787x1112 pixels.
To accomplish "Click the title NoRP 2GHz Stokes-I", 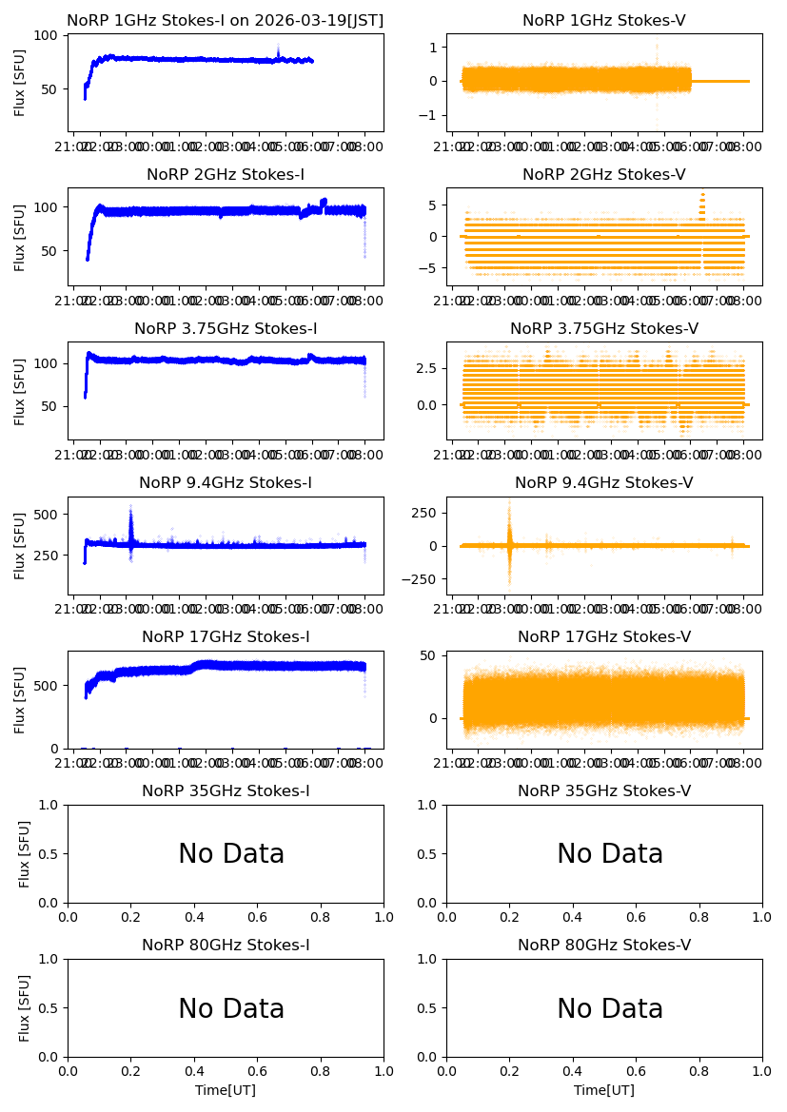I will point(226,175).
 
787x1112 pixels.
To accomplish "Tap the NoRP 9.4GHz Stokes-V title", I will point(604,483).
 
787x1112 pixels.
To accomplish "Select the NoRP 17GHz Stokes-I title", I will point(226,637).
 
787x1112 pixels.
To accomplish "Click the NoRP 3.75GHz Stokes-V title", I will point(604,329).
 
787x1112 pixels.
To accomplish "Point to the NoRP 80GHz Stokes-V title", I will point(604,946).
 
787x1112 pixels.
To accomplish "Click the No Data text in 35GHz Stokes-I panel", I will point(231,854).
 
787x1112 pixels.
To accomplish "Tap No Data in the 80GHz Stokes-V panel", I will point(610,1009).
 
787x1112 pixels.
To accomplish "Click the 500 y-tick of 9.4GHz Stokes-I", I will point(50,515).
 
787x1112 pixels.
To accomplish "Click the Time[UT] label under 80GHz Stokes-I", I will point(226,1090).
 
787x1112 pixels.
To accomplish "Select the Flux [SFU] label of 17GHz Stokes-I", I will point(20,699).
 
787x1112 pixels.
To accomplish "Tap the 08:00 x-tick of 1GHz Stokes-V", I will point(745,147).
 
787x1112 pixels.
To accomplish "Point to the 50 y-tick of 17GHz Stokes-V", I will point(430,655).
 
